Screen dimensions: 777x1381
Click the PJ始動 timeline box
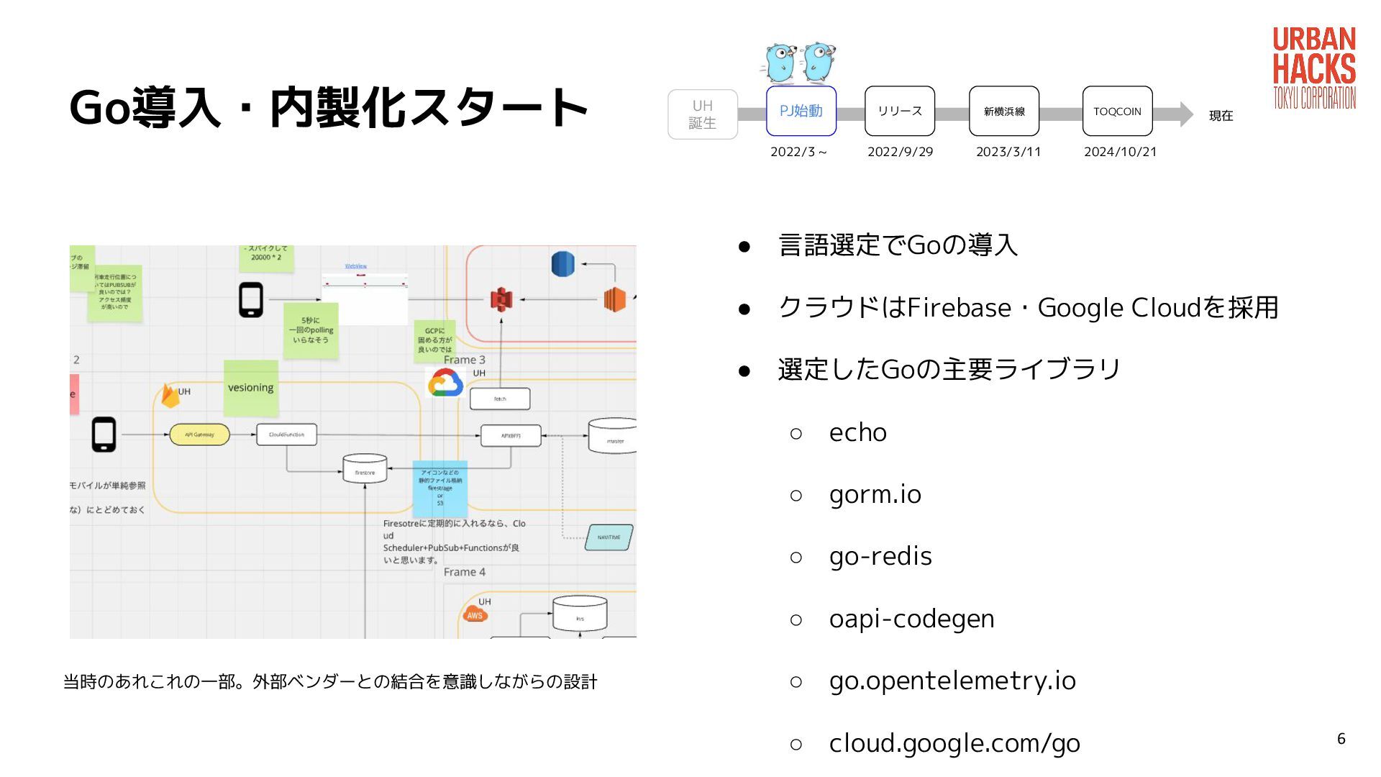(801, 111)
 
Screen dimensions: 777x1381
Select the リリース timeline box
(899, 111)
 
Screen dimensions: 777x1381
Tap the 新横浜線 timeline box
(1003, 111)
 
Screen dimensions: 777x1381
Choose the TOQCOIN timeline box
(1117, 111)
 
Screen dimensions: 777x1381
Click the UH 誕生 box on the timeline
(702, 114)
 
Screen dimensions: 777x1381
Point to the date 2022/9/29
(900, 152)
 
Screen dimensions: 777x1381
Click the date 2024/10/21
(1120, 152)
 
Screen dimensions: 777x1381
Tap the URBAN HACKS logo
(1313, 68)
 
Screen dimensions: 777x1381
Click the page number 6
(1341, 739)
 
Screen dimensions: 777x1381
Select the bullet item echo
(857, 432)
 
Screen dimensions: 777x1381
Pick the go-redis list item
(880, 556)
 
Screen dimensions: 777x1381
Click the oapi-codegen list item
(911, 619)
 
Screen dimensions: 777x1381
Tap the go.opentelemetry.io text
(952, 681)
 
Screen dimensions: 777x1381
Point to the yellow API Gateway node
(199, 435)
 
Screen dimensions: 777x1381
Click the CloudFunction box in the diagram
(286, 435)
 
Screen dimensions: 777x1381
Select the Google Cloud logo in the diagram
(445, 383)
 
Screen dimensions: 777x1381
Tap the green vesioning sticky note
(250, 388)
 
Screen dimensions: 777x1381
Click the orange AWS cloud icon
(475, 614)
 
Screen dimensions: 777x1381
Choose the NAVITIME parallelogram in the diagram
(609, 537)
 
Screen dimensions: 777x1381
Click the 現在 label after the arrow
(1221, 116)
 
